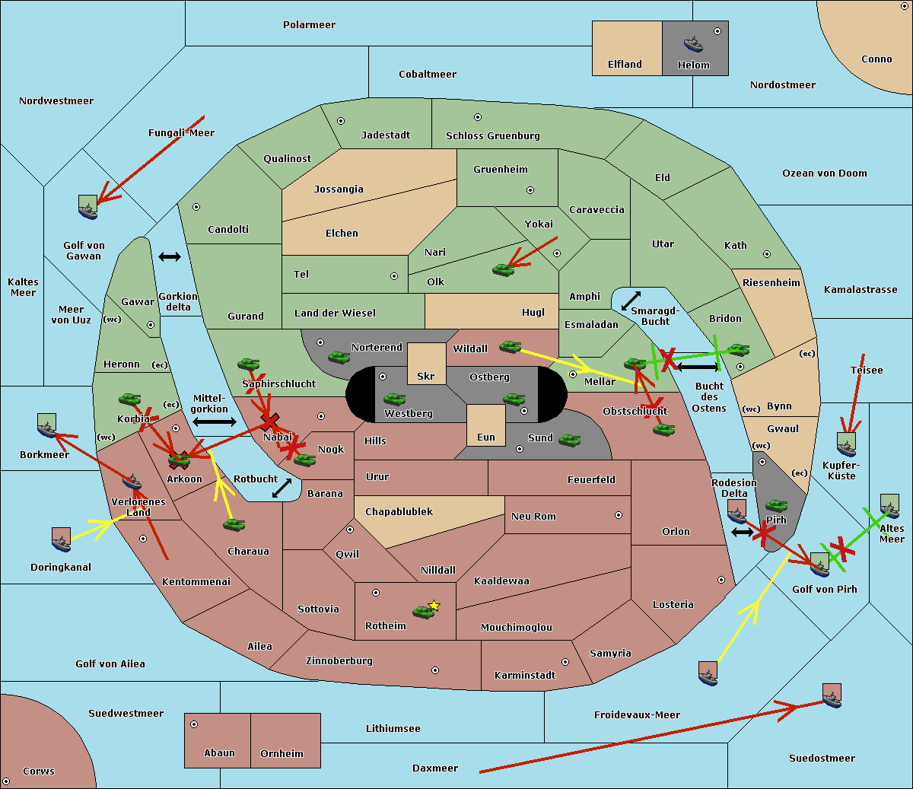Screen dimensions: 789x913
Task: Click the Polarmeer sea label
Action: (x=309, y=25)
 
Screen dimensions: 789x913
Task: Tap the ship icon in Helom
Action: (x=693, y=43)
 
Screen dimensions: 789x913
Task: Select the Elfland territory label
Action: (x=625, y=65)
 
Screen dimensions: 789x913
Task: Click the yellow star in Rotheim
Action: (x=434, y=606)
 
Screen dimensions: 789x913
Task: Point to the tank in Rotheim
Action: (x=422, y=611)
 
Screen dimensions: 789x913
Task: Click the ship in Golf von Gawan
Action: (x=88, y=207)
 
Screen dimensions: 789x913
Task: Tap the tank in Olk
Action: (x=503, y=269)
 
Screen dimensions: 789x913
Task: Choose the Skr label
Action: (x=426, y=377)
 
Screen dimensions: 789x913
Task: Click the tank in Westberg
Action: (x=394, y=399)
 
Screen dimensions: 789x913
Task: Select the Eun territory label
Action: (x=486, y=437)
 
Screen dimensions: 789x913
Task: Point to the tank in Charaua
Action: (x=234, y=524)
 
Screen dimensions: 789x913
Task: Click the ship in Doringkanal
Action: (x=62, y=539)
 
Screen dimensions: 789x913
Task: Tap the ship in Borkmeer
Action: (x=47, y=426)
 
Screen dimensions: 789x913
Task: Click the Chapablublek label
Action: (x=399, y=512)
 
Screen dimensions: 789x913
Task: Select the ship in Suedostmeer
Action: (x=832, y=695)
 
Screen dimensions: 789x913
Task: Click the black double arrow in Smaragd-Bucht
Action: (x=631, y=301)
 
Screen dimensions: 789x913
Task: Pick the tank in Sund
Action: (x=570, y=440)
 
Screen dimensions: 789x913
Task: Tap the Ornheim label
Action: (x=282, y=754)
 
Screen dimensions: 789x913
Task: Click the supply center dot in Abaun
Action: (x=194, y=724)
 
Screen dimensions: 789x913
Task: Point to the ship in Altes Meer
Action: (x=889, y=506)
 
